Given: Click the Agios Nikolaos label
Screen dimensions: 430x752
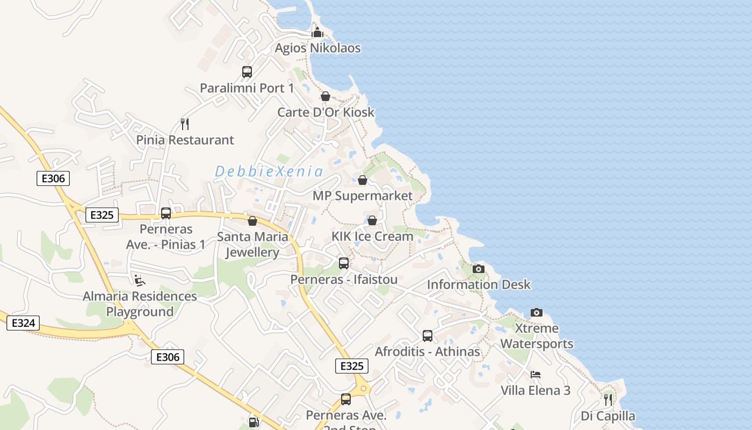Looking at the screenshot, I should coord(317,48).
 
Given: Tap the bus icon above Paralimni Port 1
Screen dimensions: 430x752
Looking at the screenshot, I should coord(247,72).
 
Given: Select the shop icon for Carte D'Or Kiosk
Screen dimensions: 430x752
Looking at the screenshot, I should coord(326,96).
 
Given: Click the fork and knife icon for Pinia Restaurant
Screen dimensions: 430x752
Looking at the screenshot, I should coord(185,124).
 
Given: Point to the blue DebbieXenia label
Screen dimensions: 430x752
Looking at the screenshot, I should coord(269,172).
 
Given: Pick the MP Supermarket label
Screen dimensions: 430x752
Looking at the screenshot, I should coord(363,196).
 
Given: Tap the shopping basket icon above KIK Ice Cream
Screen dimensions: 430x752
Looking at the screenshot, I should coord(372,220).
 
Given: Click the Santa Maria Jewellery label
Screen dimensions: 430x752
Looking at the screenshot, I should coord(252,245).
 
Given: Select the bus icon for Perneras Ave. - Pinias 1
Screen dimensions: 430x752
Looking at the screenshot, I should coord(166,213).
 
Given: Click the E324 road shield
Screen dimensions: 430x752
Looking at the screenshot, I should coord(23,323).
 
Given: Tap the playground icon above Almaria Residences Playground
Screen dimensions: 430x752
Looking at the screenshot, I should coord(139,280).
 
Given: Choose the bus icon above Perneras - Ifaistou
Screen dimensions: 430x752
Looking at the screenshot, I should coord(344,263).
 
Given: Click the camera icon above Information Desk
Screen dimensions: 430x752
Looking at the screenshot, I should coord(479,269).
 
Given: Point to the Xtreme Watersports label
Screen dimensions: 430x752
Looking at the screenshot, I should coord(537,336).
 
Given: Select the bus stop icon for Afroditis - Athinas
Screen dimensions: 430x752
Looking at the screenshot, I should coord(428,336).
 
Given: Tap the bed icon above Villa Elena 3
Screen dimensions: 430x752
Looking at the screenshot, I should coord(536,375).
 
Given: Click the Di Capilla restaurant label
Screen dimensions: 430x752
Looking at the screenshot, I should coord(608,416).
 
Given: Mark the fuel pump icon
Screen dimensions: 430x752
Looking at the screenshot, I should coord(254,422).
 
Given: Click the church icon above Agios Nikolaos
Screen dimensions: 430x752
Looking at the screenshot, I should coord(317,32).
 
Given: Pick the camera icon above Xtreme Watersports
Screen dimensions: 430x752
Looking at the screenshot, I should coord(537,312).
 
